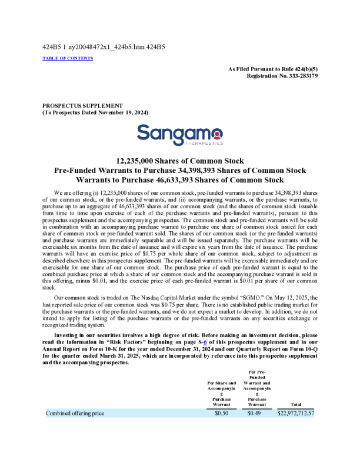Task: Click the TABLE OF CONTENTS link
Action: click(x=68, y=58)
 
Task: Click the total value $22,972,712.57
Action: click(x=296, y=414)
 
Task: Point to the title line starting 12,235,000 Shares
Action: click(x=180, y=161)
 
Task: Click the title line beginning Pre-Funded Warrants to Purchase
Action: click(x=180, y=170)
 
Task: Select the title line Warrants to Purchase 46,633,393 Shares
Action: click(x=180, y=180)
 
